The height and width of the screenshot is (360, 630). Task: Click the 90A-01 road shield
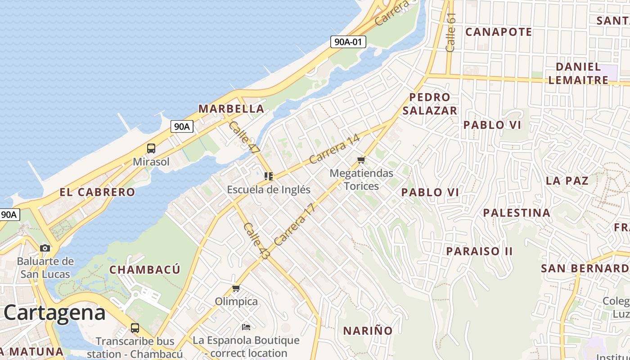[348, 42]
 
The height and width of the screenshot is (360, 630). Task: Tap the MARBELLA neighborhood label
[231, 108]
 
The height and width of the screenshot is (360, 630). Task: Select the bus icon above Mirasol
[151, 148]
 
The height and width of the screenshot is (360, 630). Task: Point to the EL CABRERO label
[97, 192]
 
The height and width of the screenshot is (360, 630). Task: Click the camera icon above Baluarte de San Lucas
[45, 248]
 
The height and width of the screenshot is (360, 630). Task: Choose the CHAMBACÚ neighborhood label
[145, 270]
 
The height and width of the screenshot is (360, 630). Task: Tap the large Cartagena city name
[55, 312]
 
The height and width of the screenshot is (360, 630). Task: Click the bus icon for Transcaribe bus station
[135, 328]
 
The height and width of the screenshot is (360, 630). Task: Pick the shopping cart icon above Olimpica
[236, 288]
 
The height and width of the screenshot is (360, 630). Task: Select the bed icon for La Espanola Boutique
[246, 327]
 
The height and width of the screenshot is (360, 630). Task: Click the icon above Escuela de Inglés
[269, 176]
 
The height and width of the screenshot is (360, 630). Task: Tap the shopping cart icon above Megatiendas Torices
[361, 160]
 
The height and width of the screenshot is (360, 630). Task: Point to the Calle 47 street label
[244, 138]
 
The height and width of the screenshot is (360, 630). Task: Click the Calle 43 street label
[256, 241]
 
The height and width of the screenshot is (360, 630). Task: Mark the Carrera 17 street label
[293, 225]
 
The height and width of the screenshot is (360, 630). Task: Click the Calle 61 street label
[451, 32]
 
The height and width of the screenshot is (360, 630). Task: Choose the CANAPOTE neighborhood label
[499, 32]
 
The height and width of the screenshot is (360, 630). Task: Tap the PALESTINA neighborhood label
[517, 212]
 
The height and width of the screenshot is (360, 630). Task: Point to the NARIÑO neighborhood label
[368, 331]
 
